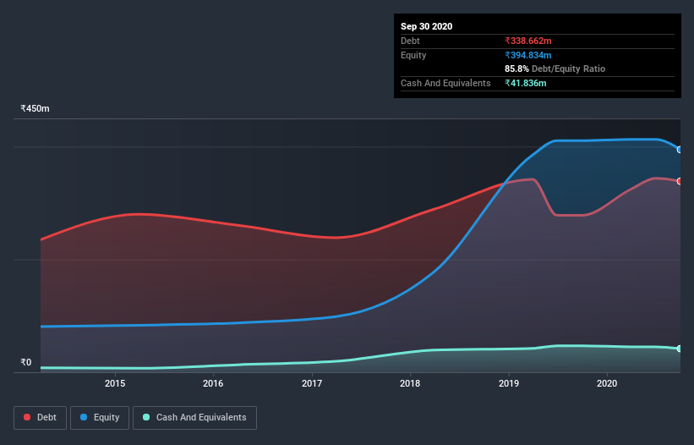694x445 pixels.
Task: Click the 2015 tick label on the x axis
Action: tap(115, 383)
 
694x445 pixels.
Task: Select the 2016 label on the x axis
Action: tap(213, 383)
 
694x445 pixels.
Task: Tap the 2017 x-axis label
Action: tap(312, 383)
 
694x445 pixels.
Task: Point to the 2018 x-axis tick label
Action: tap(410, 383)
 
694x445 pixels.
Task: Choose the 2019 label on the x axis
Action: tap(509, 383)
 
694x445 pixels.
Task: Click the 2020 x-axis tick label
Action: tap(607, 383)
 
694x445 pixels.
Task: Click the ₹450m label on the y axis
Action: tap(36, 108)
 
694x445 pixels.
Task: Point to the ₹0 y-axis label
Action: tap(25, 362)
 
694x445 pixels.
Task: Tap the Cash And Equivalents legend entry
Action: tap(194, 417)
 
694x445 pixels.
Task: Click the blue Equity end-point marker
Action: tap(680, 150)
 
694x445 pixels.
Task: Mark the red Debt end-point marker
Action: tap(680, 181)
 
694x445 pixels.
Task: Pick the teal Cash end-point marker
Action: tap(680, 349)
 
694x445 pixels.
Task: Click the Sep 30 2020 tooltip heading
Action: tap(426, 26)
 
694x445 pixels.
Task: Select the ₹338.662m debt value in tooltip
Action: tap(528, 41)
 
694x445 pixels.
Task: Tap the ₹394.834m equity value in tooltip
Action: tap(528, 55)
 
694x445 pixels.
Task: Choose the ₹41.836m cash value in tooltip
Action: tap(525, 83)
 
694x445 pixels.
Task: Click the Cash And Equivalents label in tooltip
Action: tap(445, 83)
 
